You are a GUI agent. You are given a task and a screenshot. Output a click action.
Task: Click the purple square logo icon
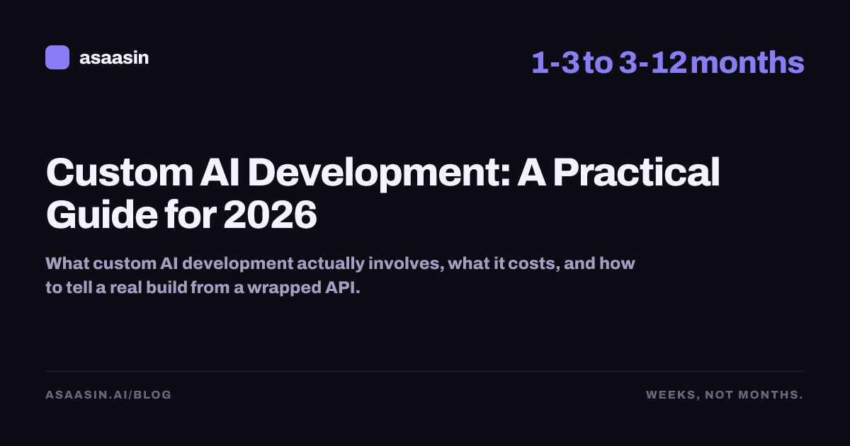pos(57,57)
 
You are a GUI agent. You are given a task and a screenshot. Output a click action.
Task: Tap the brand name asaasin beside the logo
pos(114,58)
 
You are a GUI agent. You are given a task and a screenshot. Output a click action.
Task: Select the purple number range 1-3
pos(555,62)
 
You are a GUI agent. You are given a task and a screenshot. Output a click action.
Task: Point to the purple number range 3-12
pos(653,62)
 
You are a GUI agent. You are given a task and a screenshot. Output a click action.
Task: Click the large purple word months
pos(747,62)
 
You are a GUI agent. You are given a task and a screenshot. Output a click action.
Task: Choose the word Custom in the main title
pos(120,173)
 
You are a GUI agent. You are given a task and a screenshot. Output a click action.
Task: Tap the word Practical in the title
pos(636,172)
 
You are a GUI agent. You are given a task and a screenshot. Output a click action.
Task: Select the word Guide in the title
pos(102,215)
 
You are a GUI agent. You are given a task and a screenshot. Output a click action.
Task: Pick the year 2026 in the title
pos(270,215)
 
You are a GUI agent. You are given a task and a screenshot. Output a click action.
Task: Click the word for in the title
pos(191,215)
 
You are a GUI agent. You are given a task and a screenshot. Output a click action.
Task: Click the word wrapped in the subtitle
pos(284,288)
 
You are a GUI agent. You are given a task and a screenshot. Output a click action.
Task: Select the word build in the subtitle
pos(167,287)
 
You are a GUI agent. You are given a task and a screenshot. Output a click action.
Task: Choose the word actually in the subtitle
pos(331,264)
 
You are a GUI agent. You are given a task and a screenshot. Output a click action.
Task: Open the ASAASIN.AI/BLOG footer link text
pos(108,395)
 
